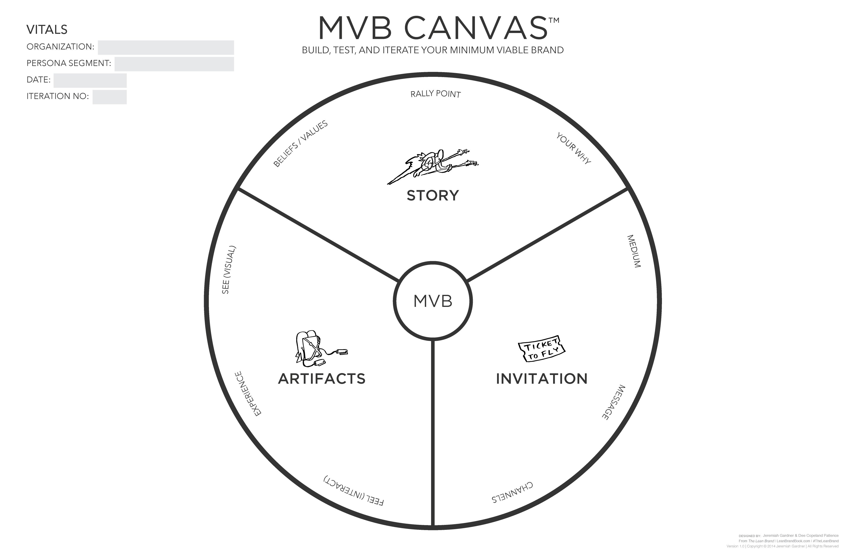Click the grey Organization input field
(x=166, y=48)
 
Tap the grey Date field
(x=90, y=81)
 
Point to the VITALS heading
(x=47, y=29)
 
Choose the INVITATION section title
(x=542, y=379)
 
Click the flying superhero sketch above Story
(x=432, y=167)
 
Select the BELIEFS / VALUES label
(x=301, y=144)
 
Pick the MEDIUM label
(x=634, y=251)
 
